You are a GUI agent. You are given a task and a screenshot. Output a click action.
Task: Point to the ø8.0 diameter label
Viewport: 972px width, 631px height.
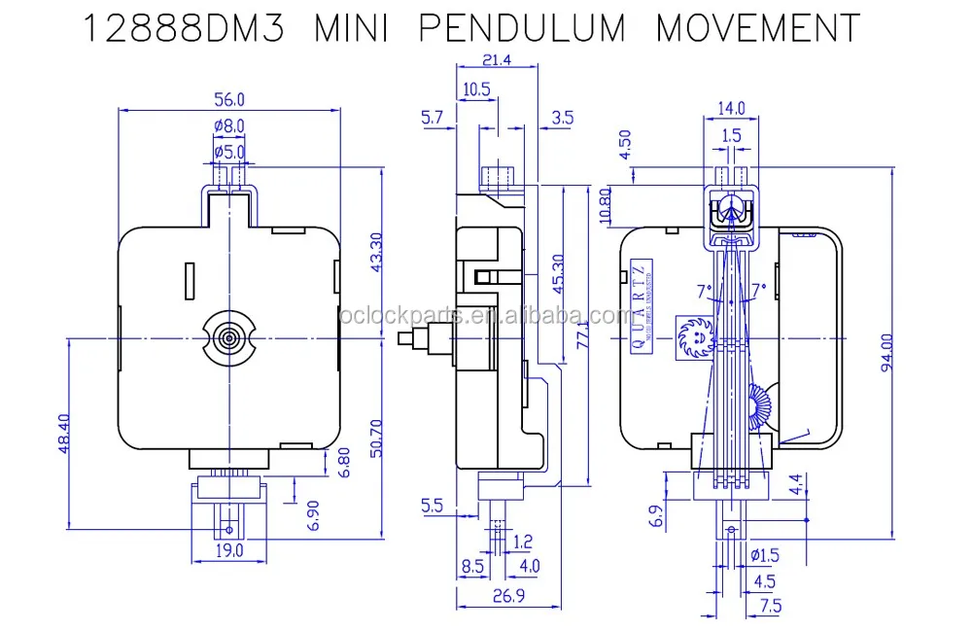228,125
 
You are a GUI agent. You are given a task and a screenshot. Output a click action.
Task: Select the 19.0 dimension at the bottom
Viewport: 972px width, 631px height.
229,550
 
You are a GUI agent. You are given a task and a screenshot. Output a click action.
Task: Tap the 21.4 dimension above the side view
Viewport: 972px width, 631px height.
496,61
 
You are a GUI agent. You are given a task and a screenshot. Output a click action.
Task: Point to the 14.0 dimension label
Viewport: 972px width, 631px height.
731,107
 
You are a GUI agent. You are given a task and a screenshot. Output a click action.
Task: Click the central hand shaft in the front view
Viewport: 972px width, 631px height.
229,337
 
